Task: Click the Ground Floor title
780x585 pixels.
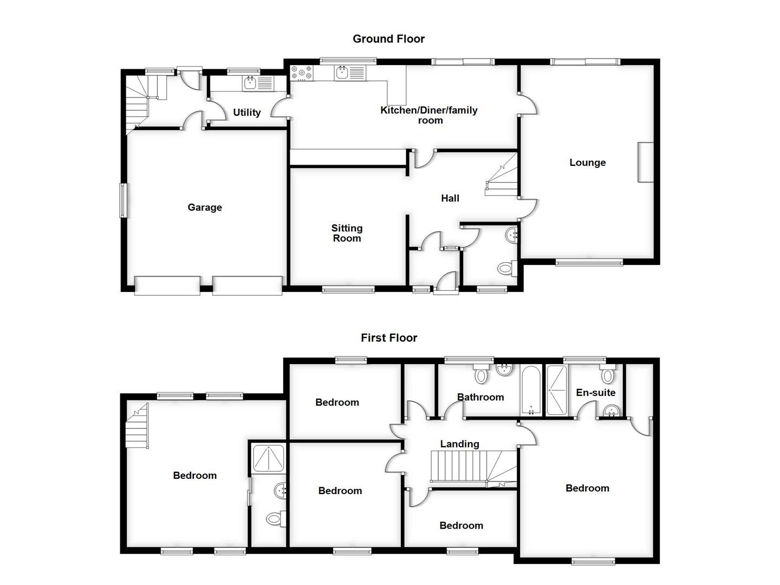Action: pyautogui.click(x=388, y=38)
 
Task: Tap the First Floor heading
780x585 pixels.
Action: pyautogui.click(x=389, y=337)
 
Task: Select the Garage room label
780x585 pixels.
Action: pyautogui.click(x=205, y=207)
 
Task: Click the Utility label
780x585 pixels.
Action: pyautogui.click(x=246, y=112)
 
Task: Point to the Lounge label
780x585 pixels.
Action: pyautogui.click(x=587, y=162)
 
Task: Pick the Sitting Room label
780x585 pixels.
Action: pyautogui.click(x=347, y=233)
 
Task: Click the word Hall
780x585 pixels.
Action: pyautogui.click(x=450, y=198)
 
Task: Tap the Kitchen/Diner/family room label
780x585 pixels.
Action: pyautogui.click(x=429, y=115)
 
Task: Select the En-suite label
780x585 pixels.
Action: pyautogui.click(x=595, y=392)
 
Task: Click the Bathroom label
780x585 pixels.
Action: pyautogui.click(x=480, y=397)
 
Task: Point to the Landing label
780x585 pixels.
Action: pyautogui.click(x=459, y=444)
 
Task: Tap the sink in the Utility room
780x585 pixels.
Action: pyautogui.click(x=250, y=83)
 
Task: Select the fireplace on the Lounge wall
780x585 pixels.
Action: pyautogui.click(x=646, y=162)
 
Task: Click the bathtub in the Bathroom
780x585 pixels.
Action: pyautogui.click(x=531, y=391)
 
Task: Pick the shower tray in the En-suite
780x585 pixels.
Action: pyautogui.click(x=556, y=391)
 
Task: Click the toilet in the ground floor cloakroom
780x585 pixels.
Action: pyautogui.click(x=505, y=268)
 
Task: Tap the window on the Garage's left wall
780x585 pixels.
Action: pyautogui.click(x=123, y=200)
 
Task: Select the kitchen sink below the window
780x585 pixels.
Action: pyautogui.click(x=342, y=73)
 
